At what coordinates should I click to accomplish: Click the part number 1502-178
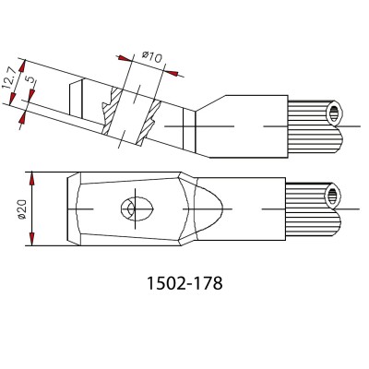(184, 283)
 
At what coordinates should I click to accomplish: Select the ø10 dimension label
(151, 57)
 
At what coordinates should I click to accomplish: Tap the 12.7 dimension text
(9, 78)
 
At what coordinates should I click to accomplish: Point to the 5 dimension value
(30, 79)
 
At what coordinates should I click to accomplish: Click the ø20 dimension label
(22, 209)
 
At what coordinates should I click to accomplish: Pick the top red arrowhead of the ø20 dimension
(32, 178)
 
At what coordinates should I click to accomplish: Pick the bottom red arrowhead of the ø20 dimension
(32, 240)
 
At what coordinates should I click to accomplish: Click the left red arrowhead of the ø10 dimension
(124, 58)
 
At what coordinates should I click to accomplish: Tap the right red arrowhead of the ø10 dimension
(173, 73)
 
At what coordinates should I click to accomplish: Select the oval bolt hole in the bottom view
(137, 209)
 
